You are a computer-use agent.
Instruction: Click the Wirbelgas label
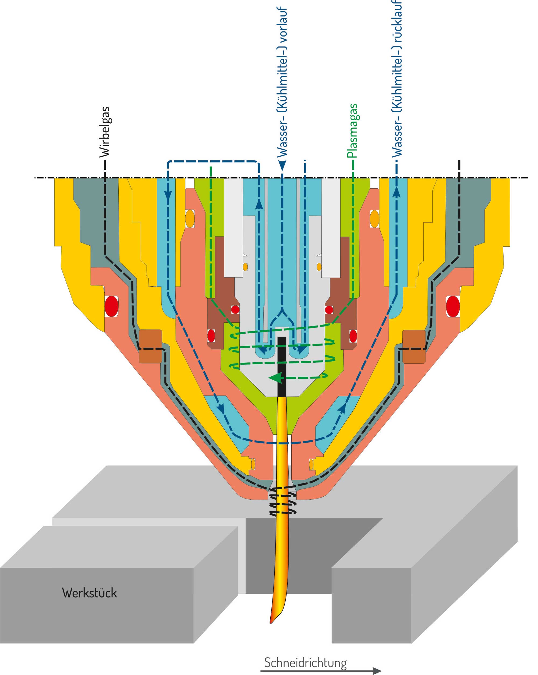(105, 132)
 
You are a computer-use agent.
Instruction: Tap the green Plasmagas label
(352, 130)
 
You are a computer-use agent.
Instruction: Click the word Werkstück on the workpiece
(89, 593)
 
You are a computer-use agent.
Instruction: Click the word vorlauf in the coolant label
(282, 25)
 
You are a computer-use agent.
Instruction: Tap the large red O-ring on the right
(452, 306)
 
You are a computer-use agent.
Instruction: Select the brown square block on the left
(150, 346)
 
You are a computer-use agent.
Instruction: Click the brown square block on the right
(414, 346)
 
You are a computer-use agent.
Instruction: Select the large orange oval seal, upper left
(190, 218)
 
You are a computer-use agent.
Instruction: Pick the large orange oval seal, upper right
(374, 218)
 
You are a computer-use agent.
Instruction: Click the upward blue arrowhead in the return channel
(397, 191)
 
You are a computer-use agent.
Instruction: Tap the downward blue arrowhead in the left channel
(168, 195)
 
